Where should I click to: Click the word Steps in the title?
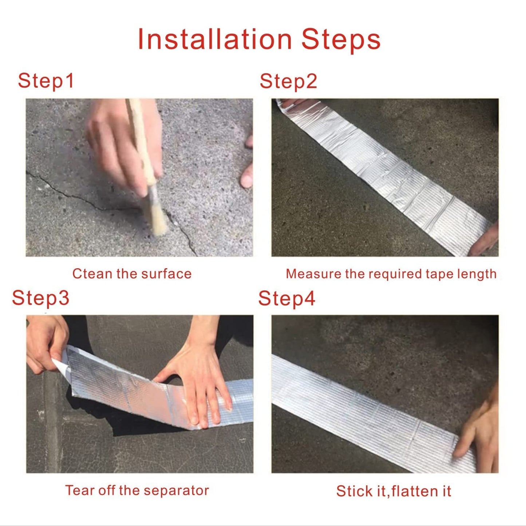341,39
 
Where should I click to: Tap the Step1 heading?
46,80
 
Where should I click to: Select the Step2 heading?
288,81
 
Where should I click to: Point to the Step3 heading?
40,298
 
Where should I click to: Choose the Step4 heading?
286,298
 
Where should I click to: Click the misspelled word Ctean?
92,274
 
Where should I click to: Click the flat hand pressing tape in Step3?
200,386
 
